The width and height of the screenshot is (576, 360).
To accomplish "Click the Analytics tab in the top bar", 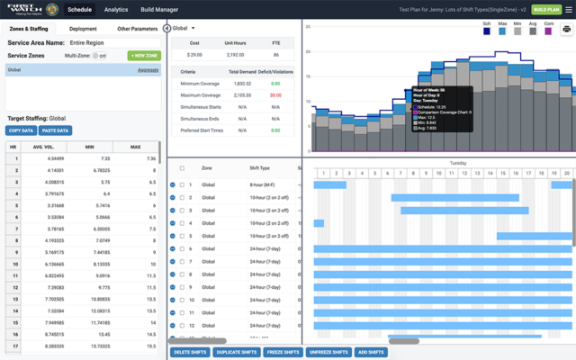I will tap(116, 9).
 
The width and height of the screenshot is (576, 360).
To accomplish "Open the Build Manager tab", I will tap(159, 9).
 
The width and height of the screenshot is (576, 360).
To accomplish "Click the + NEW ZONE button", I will tap(143, 56).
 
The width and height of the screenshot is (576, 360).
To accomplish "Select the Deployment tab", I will tap(83, 29).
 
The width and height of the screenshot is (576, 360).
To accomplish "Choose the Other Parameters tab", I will tap(137, 29).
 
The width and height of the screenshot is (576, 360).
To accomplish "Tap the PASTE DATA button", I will tap(55, 130).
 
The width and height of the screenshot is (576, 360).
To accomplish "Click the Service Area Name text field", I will tap(112, 42).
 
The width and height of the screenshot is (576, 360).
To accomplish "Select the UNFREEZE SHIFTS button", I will tap(328, 352).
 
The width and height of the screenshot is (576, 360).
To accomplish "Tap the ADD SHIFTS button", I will tap(371, 352).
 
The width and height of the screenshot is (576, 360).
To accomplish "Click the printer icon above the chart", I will tap(566, 30).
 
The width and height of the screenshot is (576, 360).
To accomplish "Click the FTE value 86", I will tap(275, 55).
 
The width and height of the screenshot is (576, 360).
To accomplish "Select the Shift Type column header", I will tap(260, 168).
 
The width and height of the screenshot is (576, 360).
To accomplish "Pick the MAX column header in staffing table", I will tap(135, 146).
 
